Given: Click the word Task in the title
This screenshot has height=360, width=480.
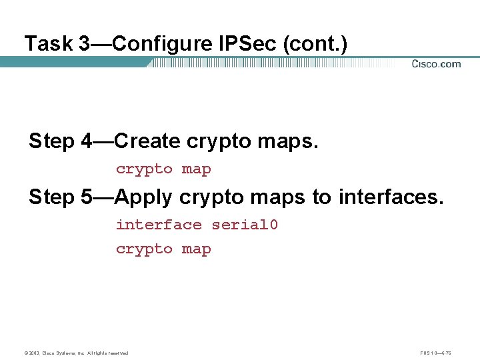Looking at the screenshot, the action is [48, 44].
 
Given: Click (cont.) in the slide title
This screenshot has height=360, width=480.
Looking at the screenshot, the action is [315, 44].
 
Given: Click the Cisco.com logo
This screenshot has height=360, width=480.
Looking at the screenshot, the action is [436, 64].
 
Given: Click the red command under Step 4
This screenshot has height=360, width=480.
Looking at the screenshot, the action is [163, 169].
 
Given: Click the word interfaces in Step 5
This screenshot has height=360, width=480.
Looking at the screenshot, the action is [390, 197].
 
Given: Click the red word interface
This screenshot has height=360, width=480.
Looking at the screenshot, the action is [159, 225].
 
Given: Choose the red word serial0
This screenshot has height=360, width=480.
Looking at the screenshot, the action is [245, 225].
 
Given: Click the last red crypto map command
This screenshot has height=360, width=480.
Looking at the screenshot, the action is [163, 249].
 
